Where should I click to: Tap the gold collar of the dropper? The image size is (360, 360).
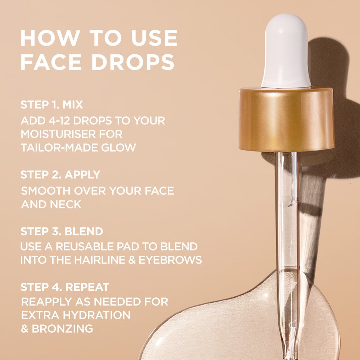(287, 119)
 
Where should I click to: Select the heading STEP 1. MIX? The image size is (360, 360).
(51, 105)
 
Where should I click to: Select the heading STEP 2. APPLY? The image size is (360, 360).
(60, 175)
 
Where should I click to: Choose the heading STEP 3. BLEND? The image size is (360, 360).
(62, 231)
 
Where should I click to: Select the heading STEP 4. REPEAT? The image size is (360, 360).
(65, 287)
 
